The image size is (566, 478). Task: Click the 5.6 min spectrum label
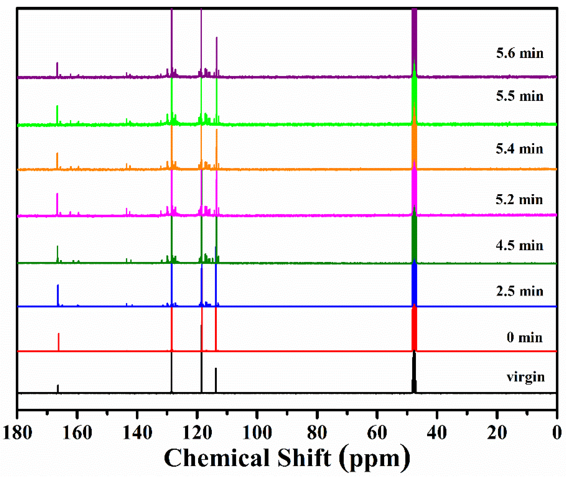tap(519, 53)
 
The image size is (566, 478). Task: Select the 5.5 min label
tap(519, 96)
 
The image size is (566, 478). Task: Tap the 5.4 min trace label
tap(519, 149)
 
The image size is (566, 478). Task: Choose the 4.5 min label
tap(519, 246)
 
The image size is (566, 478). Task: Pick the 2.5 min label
tap(519, 291)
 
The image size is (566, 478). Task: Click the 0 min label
tap(524, 338)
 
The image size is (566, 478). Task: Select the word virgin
tap(525, 377)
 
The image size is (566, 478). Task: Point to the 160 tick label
tap(77, 433)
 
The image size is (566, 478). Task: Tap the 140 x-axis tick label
tap(137, 433)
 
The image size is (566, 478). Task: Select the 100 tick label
tap(257, 433)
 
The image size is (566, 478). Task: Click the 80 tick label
tap(317, 433)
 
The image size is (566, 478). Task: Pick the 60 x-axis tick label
tap(377, 433)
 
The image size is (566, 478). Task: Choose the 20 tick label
tap(497, 433)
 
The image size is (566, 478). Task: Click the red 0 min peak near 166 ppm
tap(59, 342)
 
